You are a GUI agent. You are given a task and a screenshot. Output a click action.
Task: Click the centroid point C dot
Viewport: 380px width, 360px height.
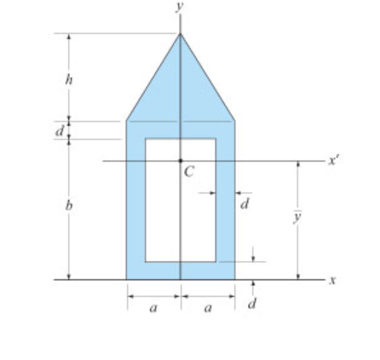pos(181,161)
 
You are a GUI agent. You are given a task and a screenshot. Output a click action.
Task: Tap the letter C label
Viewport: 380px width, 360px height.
pos(189,172)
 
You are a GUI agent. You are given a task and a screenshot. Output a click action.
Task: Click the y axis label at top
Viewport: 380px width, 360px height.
pos(179,6)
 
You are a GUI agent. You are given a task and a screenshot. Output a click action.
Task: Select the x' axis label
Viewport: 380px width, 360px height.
pos(334,161)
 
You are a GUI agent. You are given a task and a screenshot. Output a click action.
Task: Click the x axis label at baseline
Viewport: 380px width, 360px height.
pos(332,280)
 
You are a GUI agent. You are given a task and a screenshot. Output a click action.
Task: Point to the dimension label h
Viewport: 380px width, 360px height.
pos(69,79)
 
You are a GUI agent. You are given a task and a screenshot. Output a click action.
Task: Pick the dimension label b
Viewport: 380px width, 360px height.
pos(69,205)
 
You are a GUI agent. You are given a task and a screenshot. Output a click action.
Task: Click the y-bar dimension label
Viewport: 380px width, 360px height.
pos(297,217)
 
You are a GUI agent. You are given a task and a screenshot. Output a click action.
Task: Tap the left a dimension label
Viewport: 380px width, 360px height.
pos(153,308)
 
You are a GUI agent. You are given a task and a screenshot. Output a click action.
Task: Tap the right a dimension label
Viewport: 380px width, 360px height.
pos(208,308)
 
